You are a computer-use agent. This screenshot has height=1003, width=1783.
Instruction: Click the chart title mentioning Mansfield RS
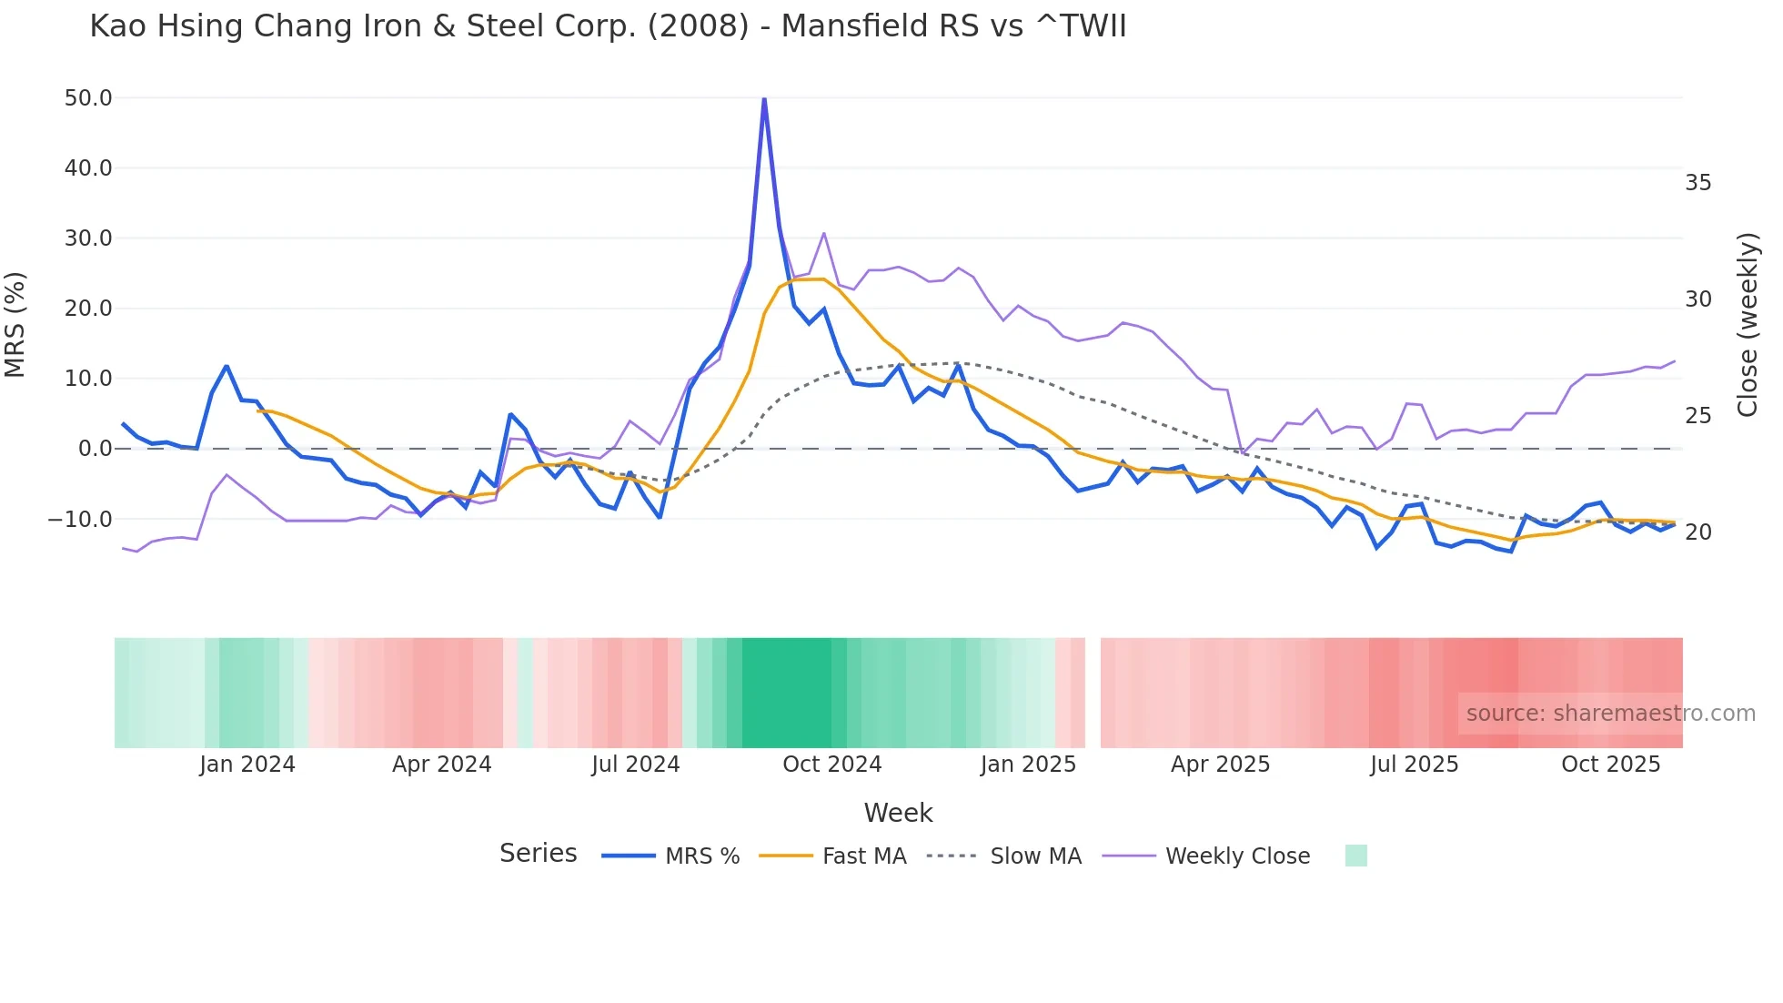point(608,26)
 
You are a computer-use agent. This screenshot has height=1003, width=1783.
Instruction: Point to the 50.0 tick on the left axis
point(88,98)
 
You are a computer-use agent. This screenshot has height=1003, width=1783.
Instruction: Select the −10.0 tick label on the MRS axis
point(80,520)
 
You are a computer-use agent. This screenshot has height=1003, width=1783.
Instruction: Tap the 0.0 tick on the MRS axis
point(95,449)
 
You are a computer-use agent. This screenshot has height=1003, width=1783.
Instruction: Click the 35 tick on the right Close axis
point(1697,183)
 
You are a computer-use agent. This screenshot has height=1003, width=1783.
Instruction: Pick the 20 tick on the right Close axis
point(1697,532)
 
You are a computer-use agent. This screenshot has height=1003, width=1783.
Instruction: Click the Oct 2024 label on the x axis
point(831,765)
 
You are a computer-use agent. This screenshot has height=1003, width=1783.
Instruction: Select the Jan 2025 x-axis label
point(1028,765)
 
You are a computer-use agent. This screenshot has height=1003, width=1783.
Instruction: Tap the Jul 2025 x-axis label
point(1414,765)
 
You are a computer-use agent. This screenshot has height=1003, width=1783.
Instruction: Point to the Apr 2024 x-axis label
point(441,765)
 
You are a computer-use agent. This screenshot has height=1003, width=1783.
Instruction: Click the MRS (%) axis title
point(15,324)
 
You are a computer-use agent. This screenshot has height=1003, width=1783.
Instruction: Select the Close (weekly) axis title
point(1747,325)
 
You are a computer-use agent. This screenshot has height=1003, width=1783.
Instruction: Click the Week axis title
point(898,813)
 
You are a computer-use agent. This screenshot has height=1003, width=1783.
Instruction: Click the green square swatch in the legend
point(1355,856)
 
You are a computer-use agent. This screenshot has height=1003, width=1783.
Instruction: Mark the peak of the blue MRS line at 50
point(764,98)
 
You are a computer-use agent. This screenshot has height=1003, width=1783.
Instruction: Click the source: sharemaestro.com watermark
point(1610,714)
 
